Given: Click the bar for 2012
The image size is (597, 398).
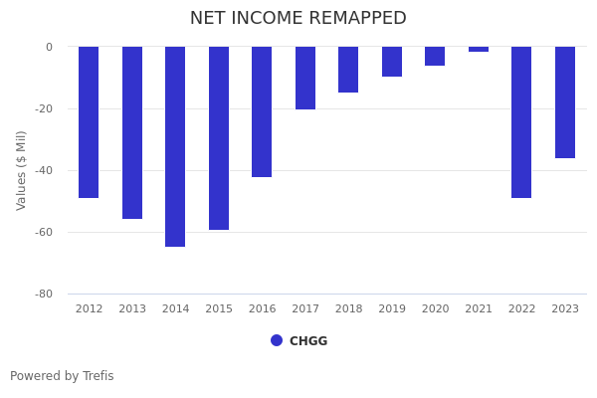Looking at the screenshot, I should [89, 121].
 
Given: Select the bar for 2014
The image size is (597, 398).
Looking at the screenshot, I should [175, 146].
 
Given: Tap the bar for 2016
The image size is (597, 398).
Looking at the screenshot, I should [262, 111].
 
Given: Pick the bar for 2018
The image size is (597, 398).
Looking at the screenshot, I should [348, 70].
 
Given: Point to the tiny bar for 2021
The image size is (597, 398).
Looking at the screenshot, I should [479, 49].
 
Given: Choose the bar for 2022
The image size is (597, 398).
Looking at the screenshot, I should [521, 121].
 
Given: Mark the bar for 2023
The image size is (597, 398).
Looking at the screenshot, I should [565, 101].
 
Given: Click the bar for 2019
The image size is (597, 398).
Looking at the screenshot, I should [392, 62].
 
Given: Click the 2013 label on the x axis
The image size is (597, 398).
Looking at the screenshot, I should [132, 309].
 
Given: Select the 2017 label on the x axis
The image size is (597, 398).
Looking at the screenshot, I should [305, 309].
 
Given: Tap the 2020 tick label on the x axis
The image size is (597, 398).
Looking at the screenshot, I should [435, 309].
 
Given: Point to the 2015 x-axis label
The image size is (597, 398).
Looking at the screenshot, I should [219, 309].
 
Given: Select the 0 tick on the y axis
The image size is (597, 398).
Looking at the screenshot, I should [49, 48].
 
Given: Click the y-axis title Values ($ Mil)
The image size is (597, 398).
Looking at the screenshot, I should [22, 170].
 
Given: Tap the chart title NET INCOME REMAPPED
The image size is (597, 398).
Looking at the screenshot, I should [298, 19].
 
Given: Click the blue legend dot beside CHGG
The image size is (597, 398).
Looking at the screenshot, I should [277, 340].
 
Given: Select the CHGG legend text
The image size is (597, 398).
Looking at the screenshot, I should [308, 341].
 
